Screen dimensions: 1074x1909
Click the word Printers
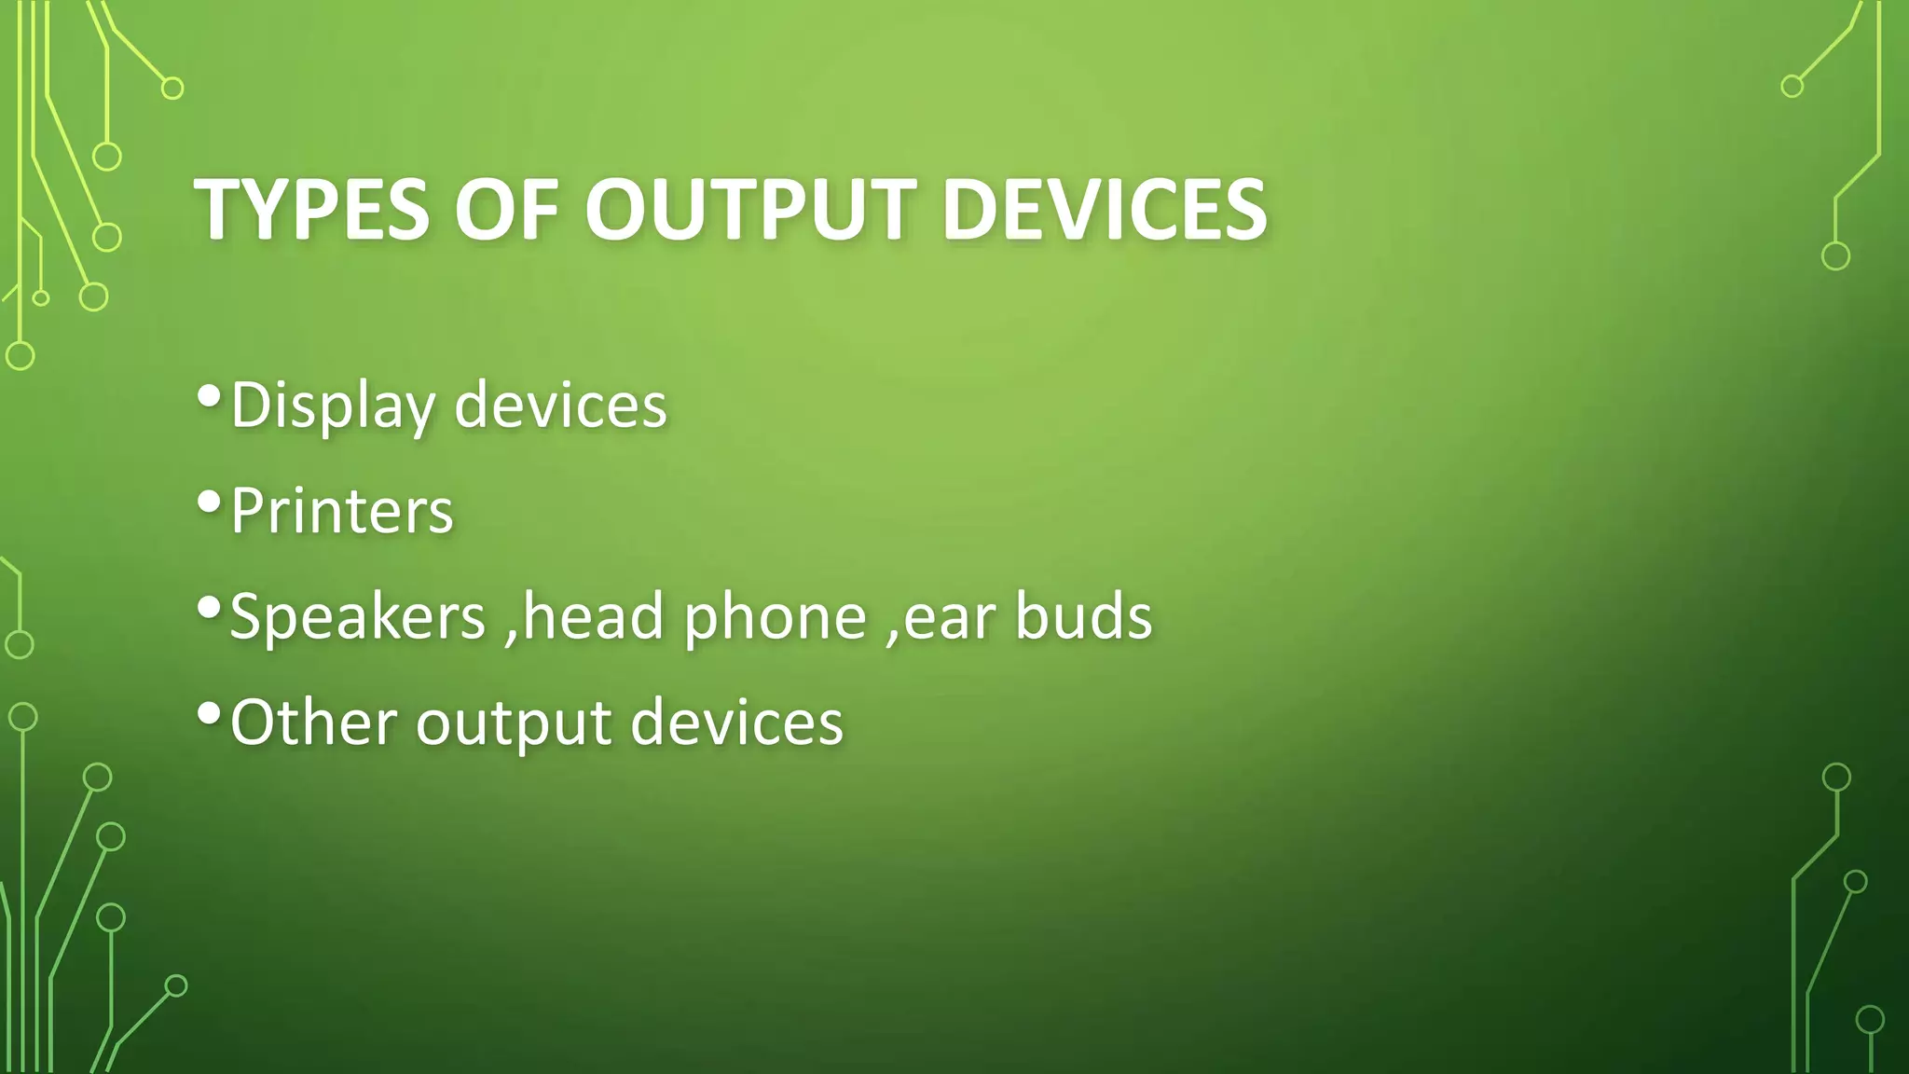pyautogui.click(x=341, y=511)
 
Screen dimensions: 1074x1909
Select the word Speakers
pyautogui.click(x=358, y=617)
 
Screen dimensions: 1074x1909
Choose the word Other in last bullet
pyautogui.click(x=313, y=723)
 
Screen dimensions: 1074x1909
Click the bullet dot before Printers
pyautogui.click(x=210, y=503)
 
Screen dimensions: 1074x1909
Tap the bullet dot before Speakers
pyautogui.click(x=210, y=609)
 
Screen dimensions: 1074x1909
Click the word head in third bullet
pyautogui.click(x=593, y=617)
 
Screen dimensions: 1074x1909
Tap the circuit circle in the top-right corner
pyautogui.click(x=1792, y=87)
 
